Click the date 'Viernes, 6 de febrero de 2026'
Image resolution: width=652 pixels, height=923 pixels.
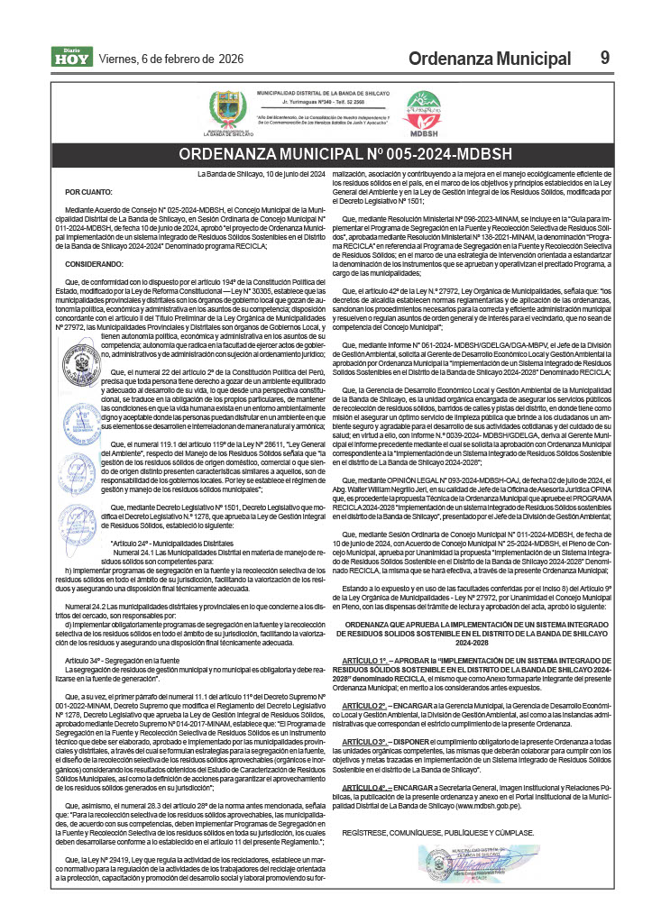coord(170,59)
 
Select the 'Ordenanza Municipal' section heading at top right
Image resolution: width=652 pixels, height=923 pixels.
coord(489,59)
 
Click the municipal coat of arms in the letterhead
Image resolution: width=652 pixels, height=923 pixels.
coord(225,110)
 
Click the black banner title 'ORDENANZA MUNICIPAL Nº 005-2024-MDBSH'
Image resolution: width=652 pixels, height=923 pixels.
coord(326,152)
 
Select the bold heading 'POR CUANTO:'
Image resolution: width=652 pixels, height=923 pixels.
coord(86,192)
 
